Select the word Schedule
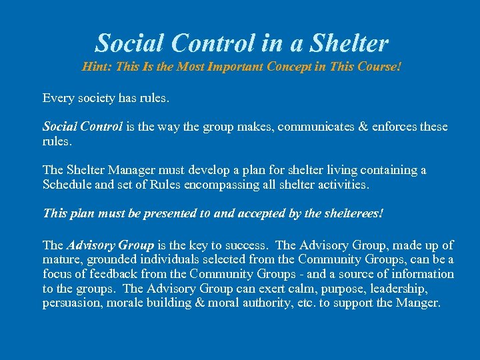coord(68,185)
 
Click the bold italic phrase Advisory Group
coord(110,245)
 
